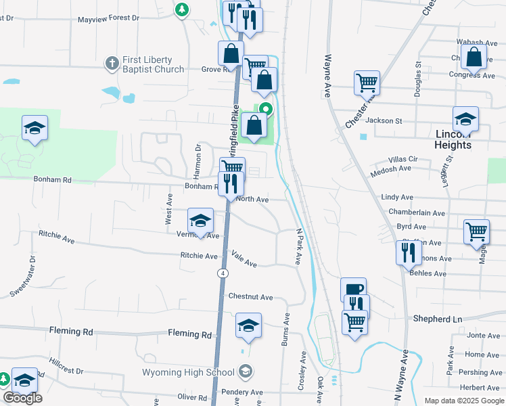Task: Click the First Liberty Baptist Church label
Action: point(153,65)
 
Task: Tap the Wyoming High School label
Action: point(188,371)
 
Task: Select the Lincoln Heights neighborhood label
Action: point(453,139)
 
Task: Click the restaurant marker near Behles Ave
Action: point(409,252)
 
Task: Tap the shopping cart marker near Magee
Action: point(476,231)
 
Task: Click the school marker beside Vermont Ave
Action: point(200,221)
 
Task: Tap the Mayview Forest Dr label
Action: point(108,20)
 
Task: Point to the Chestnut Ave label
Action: point(250,296)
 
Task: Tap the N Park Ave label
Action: point(298,246)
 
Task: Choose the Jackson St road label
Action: point(384,120)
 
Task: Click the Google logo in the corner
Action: point(22,398)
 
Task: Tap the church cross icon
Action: point(112,64)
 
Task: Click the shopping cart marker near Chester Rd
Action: point(367,83)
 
